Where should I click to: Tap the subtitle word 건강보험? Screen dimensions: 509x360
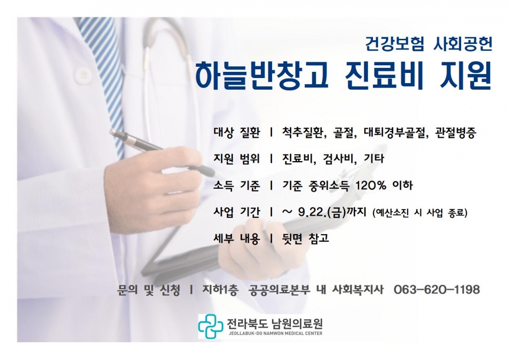click(394, 44)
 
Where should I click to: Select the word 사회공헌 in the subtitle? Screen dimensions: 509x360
click(463, 44)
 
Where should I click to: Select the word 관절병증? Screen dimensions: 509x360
click(456, 133)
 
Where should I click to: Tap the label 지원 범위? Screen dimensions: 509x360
click(236, 159)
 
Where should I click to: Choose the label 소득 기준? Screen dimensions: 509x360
click(236, 186)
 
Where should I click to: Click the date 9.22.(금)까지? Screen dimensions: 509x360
click(332, 212)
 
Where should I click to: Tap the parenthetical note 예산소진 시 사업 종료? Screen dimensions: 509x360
click(420, 213)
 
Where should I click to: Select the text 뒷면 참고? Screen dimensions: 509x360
click(306, 239)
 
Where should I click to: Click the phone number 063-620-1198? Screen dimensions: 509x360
click(437, 290)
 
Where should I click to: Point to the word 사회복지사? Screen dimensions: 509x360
click(358, 290)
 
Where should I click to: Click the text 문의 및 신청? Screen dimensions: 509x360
click(148, 290)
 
